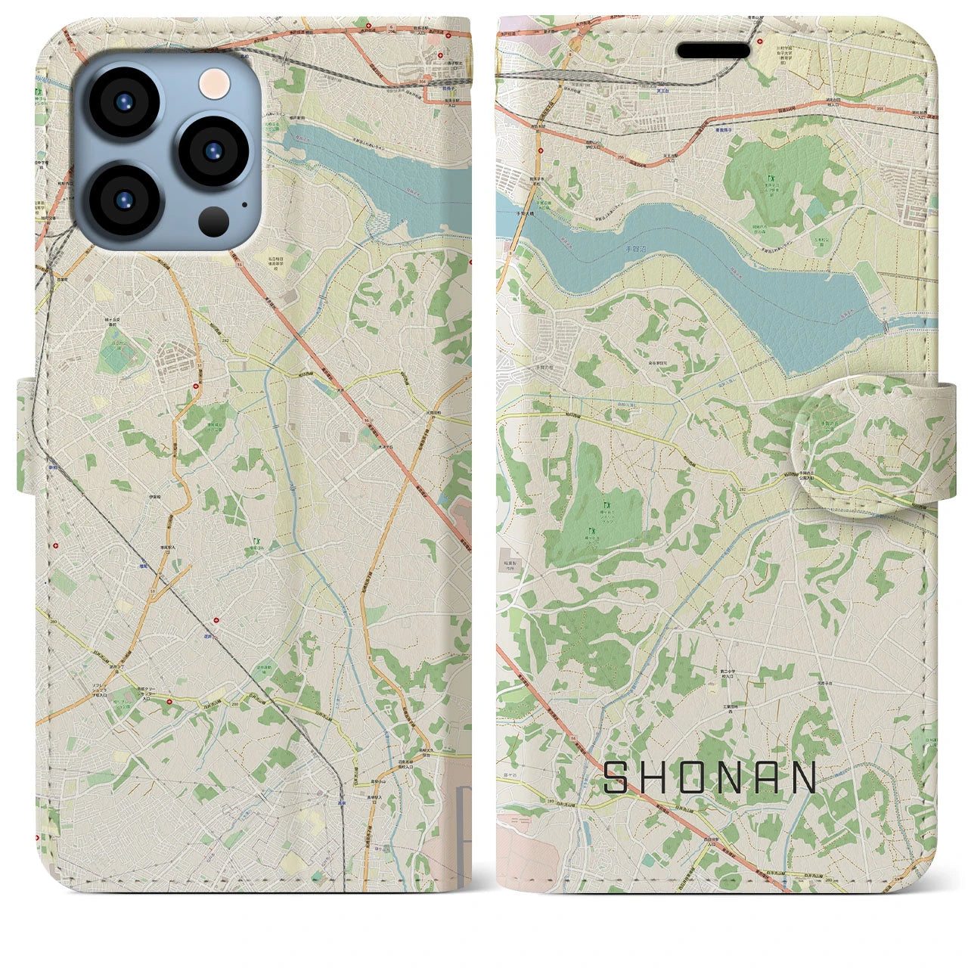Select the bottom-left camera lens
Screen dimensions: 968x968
123,200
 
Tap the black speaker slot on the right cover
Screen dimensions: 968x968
712,51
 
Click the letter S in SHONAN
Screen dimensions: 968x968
618,777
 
